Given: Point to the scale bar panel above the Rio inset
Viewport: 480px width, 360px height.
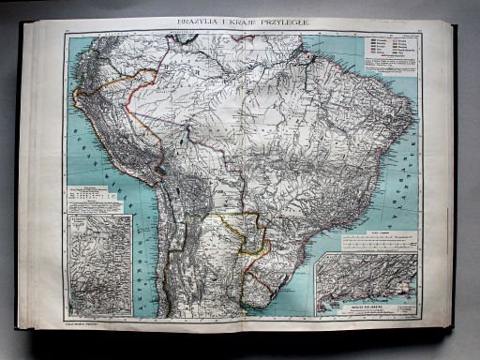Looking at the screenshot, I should click(x=376, y=242).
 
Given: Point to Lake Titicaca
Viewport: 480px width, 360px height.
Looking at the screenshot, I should click(x=162, y=170).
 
